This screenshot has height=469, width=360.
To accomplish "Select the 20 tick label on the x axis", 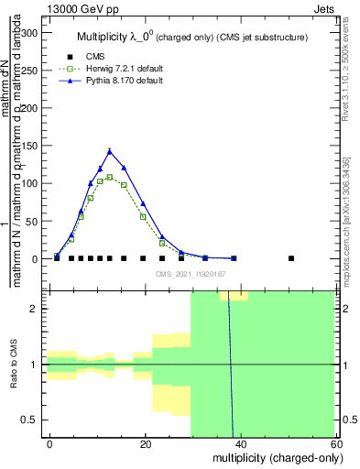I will coord(145,444).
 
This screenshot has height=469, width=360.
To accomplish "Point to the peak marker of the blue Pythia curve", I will coord(110,151).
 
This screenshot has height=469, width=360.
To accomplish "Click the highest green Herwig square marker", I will coord(110,177).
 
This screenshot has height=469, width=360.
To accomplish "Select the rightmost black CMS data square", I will coord(291,258).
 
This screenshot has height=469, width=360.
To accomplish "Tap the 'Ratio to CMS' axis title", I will coord(14,365).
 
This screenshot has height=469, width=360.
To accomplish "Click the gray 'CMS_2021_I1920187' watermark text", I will coord(190,274).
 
